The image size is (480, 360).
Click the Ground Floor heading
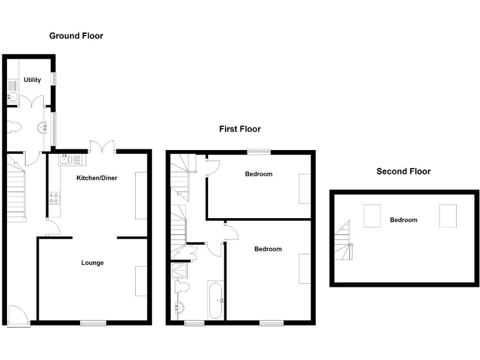76,36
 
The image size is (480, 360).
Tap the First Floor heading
239,129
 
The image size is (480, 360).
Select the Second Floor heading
403,171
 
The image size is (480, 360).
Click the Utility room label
32,80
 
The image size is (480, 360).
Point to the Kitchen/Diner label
97,178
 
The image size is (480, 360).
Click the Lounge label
92,262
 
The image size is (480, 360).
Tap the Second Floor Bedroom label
403,220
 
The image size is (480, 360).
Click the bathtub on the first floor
216,300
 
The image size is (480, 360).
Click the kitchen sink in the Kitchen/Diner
71,160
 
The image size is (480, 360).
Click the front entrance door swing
19,314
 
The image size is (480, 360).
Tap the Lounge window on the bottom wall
92,322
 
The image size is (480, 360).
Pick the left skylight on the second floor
372,216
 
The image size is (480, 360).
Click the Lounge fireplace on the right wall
141,281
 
